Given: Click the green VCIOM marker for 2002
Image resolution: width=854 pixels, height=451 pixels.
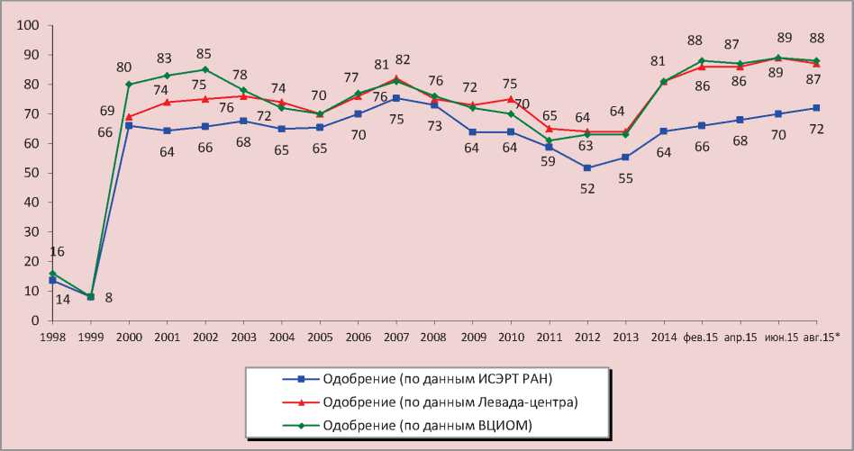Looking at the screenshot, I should point(205,69).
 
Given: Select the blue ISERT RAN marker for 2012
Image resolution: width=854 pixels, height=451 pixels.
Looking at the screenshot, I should point(587,167).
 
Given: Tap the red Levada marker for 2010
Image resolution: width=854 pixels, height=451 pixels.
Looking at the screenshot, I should point(511,99).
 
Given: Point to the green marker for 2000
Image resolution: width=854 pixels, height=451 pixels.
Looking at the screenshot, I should point(129,85).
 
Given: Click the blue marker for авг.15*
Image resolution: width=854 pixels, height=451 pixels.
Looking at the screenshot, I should point(816,108).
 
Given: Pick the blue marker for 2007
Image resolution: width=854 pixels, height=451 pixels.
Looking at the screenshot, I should point(396,99).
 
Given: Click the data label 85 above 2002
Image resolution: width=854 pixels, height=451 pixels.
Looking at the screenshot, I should point(205,51).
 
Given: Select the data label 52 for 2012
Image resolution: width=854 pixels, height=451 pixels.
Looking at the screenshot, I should point(587,188).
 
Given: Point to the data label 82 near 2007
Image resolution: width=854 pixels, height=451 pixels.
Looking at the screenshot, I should point(402,59).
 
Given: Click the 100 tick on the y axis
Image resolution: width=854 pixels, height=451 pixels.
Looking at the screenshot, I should point(31,25).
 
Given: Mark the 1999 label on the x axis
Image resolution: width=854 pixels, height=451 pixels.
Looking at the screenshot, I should point(90,337).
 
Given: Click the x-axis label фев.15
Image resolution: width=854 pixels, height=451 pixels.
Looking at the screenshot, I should point(701,337).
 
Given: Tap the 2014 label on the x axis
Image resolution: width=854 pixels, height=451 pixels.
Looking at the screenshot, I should point(663,337).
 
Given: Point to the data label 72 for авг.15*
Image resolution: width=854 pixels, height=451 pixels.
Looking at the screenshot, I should point(816,129).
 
